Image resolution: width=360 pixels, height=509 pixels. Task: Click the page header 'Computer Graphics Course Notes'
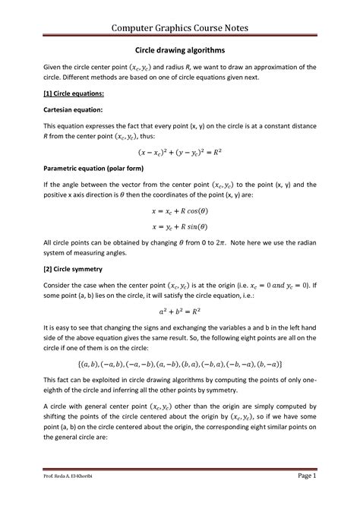(x=180, y=28)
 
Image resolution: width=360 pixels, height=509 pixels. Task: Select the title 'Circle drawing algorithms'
(x=180, y=55)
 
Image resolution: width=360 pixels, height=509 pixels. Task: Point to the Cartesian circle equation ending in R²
(x=180, y=172)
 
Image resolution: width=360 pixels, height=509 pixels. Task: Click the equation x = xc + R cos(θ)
(x=180, y=230)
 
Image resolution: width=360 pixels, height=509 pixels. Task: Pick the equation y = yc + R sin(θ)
(x=180, y=247)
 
